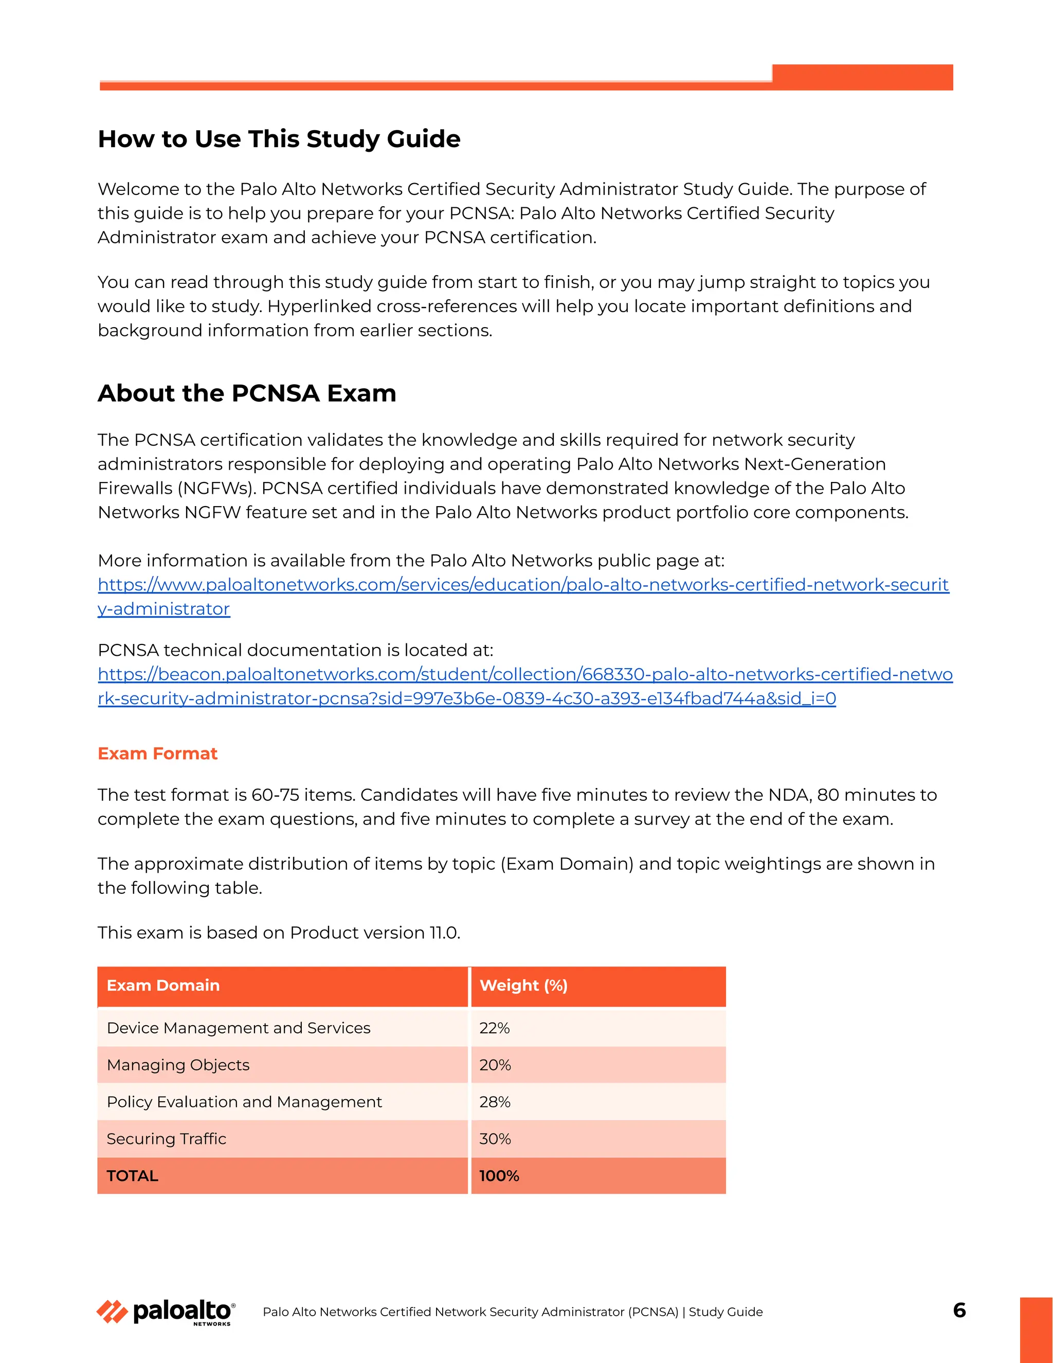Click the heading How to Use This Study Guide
pyautogui.click(x=279, y=138)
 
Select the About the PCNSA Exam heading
pyautogui.click(x=247, y=393)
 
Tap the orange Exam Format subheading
pyautogui.click(x=157, y=754)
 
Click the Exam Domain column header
pyautogui.click(x=163, y=985)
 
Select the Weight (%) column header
pyautogui.click(x=523, y=985)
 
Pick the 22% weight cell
pyautogui.click(x=494, y=1028)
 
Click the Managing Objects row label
pyautogui.click(x=178, y=1065)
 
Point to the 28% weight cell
pyautogui.click(x=495, y=1102)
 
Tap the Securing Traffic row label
pyautogui.click(x=166, y=1138)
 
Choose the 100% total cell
pyautogui.click(x=499, y=1176)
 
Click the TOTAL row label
pyautogui.click(x=132, y=1176)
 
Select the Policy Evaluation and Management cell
pyautogui.click(x=244, y=1102)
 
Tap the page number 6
pyautogui.click(x=959, y=1310)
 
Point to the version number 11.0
pyautogui.click(x=444, y=932)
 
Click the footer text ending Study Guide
pyautogui.click(x=512, y=1312)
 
